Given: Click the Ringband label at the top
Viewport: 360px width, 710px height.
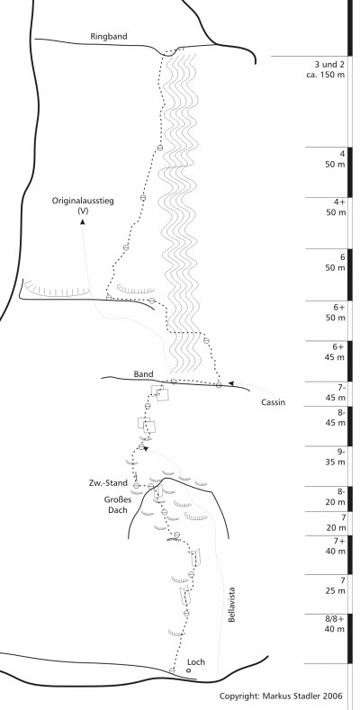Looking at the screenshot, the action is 109,37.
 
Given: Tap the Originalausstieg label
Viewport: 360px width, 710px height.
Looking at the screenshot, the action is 83,201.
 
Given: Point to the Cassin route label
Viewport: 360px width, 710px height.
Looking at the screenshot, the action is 273,402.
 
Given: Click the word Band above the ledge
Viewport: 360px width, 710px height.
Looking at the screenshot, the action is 143,374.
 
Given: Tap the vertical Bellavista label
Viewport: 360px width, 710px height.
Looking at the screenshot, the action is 232,605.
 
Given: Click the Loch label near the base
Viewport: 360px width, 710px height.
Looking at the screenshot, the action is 195,662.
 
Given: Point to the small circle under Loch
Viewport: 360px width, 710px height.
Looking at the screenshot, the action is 189,670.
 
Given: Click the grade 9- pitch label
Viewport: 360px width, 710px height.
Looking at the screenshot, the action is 340,452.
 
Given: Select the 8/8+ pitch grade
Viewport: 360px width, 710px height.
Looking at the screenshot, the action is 334,619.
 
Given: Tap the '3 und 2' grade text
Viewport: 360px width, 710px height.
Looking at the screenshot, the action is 329,64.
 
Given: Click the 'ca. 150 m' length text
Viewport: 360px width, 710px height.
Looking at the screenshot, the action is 326,75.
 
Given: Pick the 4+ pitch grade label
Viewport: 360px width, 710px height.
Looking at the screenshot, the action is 340,202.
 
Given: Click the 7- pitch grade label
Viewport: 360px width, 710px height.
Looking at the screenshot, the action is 340,388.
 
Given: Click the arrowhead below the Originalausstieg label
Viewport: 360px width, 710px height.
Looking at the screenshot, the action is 83,221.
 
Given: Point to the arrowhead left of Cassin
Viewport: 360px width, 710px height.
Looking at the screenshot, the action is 230,383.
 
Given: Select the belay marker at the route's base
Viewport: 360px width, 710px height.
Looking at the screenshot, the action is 172,670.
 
